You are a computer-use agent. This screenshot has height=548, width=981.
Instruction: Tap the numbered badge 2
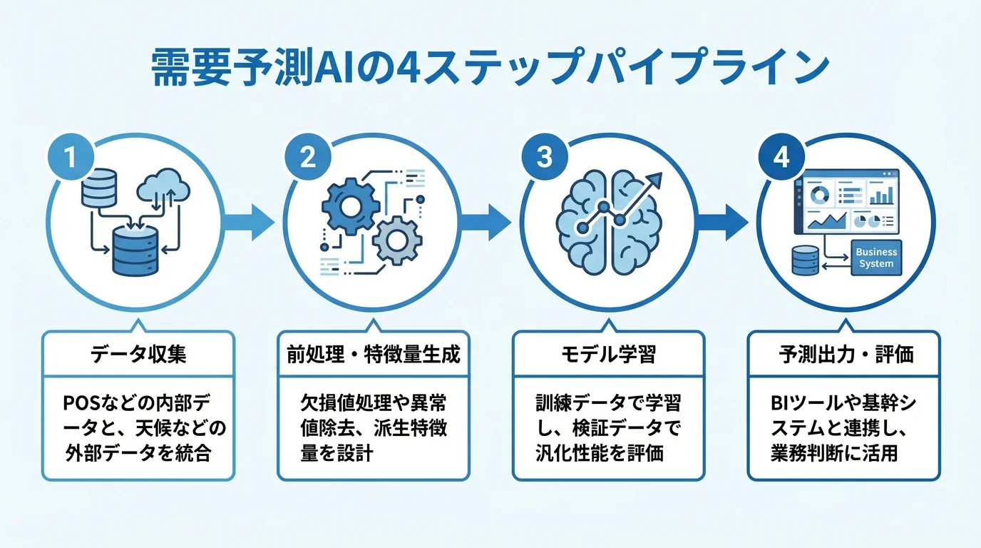coord(307,156)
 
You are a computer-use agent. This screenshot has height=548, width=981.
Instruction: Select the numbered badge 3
coord(544,156)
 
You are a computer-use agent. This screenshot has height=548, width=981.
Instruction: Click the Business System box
coord(876,258)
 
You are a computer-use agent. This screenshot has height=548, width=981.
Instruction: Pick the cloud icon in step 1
coord(164,187)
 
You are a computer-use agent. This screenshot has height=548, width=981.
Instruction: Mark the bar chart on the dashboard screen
coord(881,193)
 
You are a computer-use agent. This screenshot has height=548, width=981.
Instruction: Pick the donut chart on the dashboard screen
coord(821,193)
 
